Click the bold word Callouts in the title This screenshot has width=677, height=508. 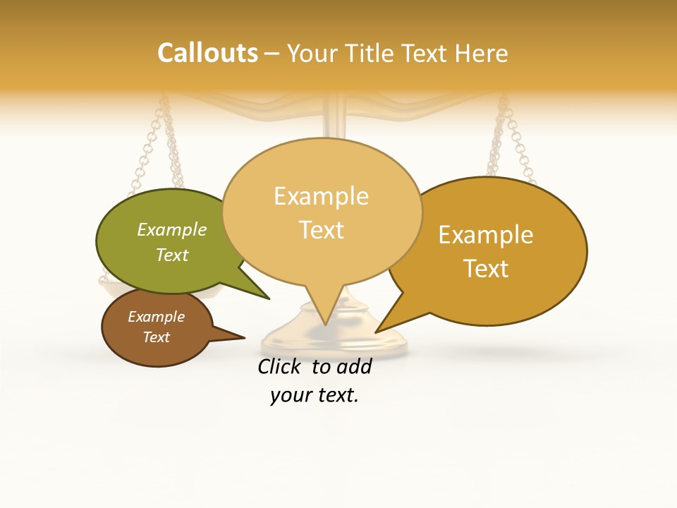(x=207, y=53)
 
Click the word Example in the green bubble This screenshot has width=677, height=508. (x=172, y=230)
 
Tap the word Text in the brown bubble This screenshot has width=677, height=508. (x=157, y=337)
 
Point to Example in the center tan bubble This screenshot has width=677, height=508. (x=322, y=196)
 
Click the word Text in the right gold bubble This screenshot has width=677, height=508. (x=486, y=268)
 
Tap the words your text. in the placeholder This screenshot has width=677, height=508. (x=315, y=395)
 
